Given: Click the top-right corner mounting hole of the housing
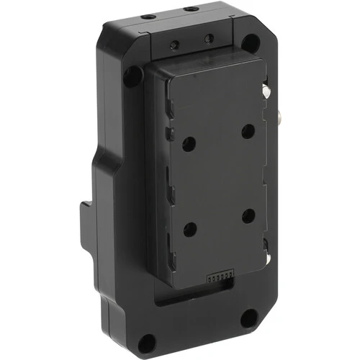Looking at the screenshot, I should [x=249, y=42].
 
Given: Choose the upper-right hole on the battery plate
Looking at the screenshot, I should [x=247, y=131].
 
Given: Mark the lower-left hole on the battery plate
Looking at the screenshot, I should [x=190, y=230].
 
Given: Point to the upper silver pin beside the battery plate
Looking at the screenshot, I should [x=266, y=91].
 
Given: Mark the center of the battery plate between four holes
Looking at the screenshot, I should [x=219, y=180].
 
